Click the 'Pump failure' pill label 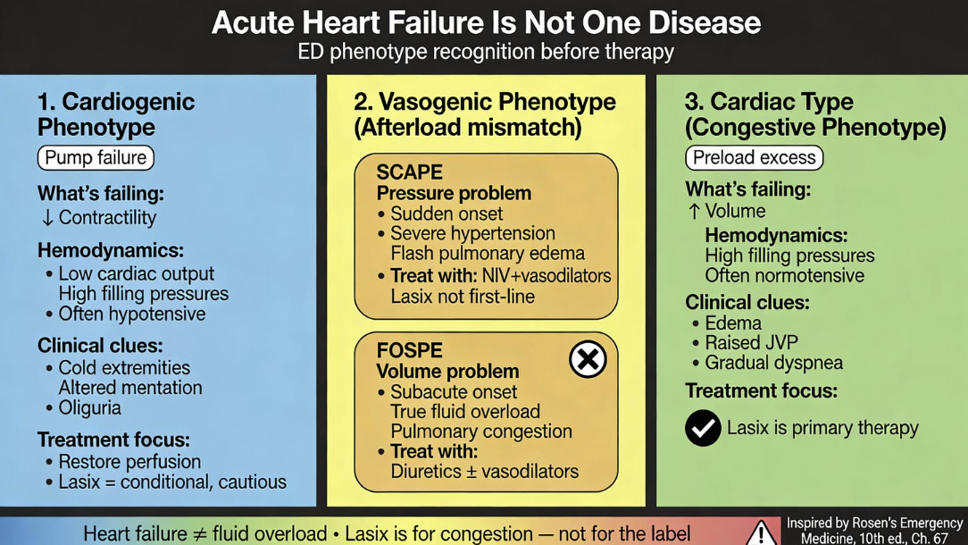pyautogui.click(x=96, y=158)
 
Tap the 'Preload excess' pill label pyautogui.click(x=754, y=158)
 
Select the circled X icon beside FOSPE pyautogui.click(x=588, y=359)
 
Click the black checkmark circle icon pyautogui.click(x=703, y=428)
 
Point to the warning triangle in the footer pyautogui.click(x=761, y=532)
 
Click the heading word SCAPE pyautogui.click(x=409, y=172)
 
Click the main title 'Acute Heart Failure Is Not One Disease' pyautogui.click(x=486, y=22)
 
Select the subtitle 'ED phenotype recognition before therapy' pyautogui.click(x=486, y=52)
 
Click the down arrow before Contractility pyautogui.click(x=47, y=218)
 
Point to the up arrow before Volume pyautogui.click(x=694, y=212)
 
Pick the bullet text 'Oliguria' pyautogui.click(x=89, y=407)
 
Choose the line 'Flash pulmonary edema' pyautogui.click(x=488, y=254)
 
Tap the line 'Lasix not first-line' pyautogui.click(x=463, y=296)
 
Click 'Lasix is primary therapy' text pyautogui.click(x=822, y=428)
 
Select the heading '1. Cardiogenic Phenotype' pyautogui.click(x=116, y=114)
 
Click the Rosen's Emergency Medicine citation pyautogui.click(x=874, y=530)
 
